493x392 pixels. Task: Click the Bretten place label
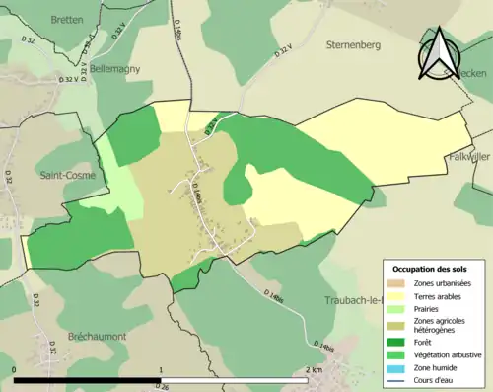click(63, 19)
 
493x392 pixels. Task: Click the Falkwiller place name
click(467, 156)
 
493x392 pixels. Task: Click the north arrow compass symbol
click(438, 53)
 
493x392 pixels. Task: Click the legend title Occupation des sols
click(432, 269)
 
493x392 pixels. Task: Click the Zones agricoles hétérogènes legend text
click(440, 326)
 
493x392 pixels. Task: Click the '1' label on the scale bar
click(161, 370)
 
